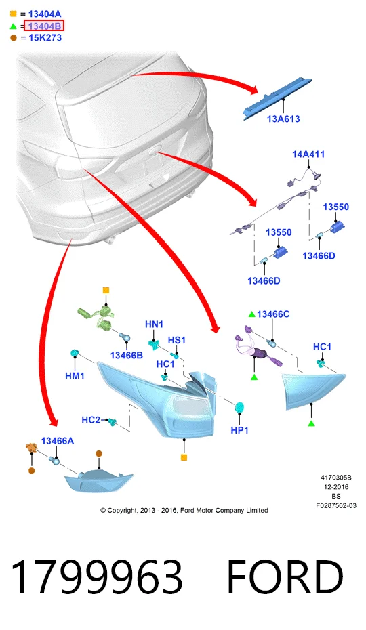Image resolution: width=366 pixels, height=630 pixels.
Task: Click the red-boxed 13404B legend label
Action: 44,26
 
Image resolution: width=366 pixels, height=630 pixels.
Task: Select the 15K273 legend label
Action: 45,38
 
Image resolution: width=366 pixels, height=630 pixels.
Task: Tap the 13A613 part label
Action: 283,119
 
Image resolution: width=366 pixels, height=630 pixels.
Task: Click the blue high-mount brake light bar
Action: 279,98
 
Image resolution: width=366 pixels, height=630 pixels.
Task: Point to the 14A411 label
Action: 308,154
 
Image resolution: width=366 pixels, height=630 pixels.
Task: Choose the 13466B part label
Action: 126,355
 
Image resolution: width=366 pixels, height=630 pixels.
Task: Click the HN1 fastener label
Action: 154,324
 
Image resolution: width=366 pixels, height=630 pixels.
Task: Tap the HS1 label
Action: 177,340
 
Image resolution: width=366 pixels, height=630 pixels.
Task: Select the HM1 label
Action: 75,376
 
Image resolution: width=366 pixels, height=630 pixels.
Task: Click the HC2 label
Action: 91,420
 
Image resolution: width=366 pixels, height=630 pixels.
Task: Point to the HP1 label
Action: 240,430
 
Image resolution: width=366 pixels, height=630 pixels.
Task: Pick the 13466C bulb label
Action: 273,314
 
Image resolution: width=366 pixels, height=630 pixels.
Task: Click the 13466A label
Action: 58,441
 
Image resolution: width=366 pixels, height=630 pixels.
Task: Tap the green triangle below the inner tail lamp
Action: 311,423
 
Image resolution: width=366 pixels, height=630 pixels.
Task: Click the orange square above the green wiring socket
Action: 106,290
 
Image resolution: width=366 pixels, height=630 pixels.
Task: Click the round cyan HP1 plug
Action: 240,407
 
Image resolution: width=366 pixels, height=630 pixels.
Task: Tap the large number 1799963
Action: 97,577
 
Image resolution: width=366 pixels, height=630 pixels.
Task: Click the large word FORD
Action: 285,577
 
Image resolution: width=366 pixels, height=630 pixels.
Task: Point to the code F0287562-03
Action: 336,505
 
